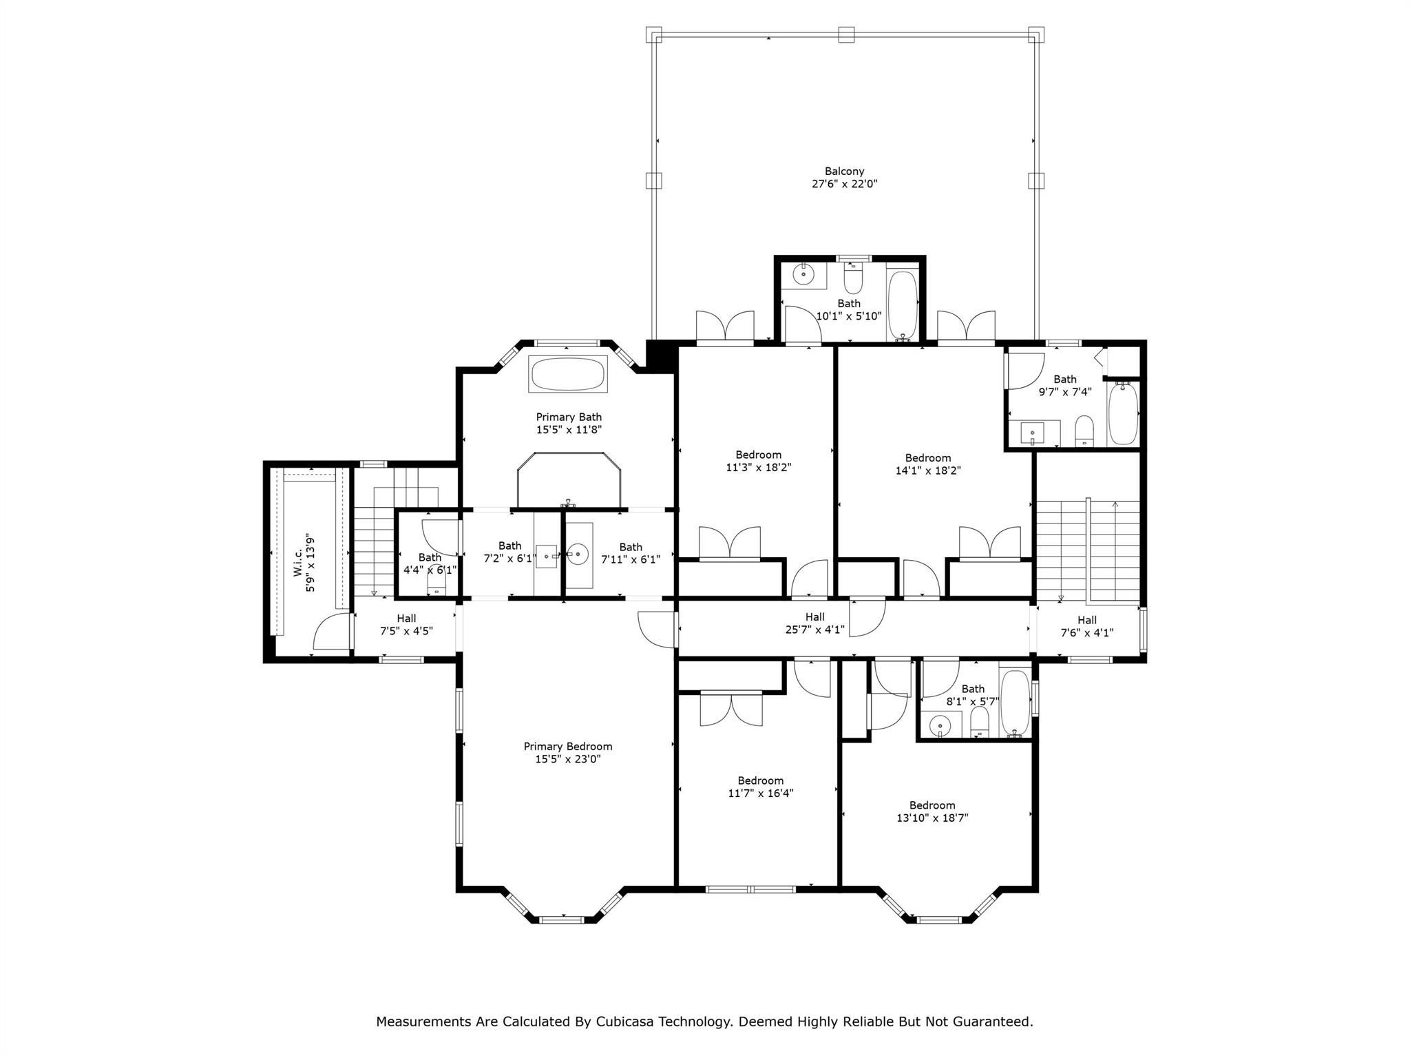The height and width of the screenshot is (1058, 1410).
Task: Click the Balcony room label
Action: point(845,178)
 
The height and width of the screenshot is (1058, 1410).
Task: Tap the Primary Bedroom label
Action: point(568,753)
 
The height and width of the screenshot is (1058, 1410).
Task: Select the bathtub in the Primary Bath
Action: point(568,374)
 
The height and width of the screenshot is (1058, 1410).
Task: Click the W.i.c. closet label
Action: point(304,564)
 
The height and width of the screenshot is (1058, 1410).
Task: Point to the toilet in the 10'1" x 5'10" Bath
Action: point(853,278)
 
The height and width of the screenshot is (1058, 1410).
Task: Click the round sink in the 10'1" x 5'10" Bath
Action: point(803,275)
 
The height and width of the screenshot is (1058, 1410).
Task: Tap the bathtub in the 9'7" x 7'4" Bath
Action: point(1123,414)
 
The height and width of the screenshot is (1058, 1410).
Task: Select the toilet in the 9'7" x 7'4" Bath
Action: point(1084,430)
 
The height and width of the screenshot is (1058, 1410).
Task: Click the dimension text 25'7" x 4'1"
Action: point(815,630)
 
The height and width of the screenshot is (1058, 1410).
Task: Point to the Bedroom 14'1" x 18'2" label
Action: point(928,464)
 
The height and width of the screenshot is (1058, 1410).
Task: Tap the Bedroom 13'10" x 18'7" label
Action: point(932,811)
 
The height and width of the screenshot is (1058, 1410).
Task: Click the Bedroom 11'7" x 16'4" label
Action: point(761,787)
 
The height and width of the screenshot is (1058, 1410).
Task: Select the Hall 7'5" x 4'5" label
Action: point(406,625)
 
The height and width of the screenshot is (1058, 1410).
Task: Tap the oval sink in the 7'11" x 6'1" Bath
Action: point(578,553)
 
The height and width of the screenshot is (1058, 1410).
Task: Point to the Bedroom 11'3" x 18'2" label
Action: point(759,461)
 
